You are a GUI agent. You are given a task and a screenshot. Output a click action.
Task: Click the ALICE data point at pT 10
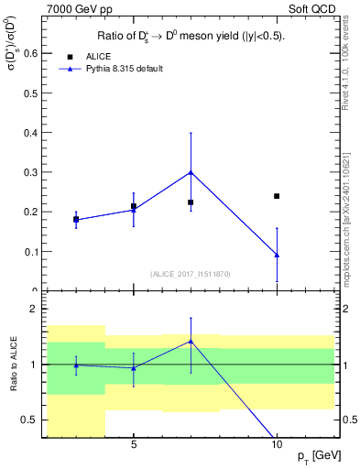(x=277, y=196)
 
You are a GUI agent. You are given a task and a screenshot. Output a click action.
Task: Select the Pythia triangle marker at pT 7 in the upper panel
(x=191, y=172)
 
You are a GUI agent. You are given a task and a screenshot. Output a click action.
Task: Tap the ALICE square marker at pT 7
(x=191, y=202)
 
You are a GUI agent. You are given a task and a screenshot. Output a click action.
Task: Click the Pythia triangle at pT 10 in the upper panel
(x=277, y=255)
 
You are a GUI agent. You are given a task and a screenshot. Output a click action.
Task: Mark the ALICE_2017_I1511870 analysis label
(x=190, y=274)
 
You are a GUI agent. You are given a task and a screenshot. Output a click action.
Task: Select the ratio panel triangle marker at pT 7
(x=191, y=341)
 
